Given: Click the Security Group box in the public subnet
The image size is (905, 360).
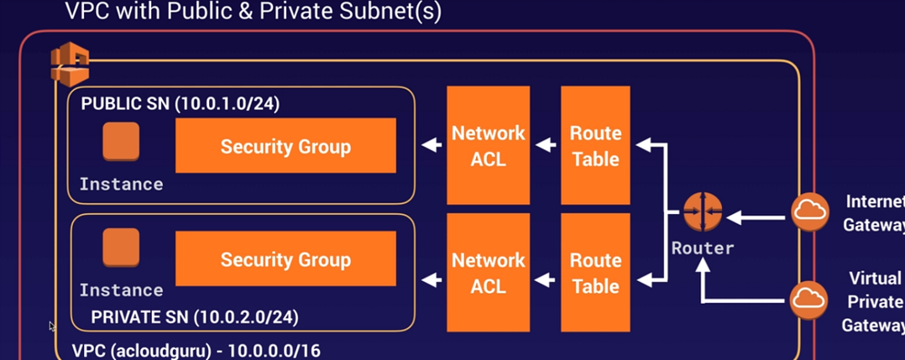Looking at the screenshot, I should pyautogui.click(x=285, y=145).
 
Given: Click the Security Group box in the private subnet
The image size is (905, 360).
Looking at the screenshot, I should pyautogui.click(x=285, y=258).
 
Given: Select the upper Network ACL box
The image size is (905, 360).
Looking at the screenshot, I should pyautogui.click(x=488, y=145).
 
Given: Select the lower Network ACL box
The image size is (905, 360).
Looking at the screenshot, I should pyautogui.click(x=488, y=272).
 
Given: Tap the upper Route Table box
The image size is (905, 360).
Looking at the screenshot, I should pyautogui.click(x=595, y=145).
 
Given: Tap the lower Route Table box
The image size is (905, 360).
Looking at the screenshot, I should pyautogui.click(x=595, y=272).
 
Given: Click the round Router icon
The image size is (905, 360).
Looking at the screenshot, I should pyautogui.click(x=702, y=214).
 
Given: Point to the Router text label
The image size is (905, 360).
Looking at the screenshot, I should pyautogui.click(x=702, y=248).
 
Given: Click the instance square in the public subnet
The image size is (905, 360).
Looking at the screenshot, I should pyautogui.click(x=121, y=142).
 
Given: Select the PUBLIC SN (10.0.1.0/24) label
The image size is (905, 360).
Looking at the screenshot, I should pyautogui.click(x=180, y=104).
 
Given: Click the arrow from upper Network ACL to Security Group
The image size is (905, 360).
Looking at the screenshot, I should pyautogui.click(x=432, y=145).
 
